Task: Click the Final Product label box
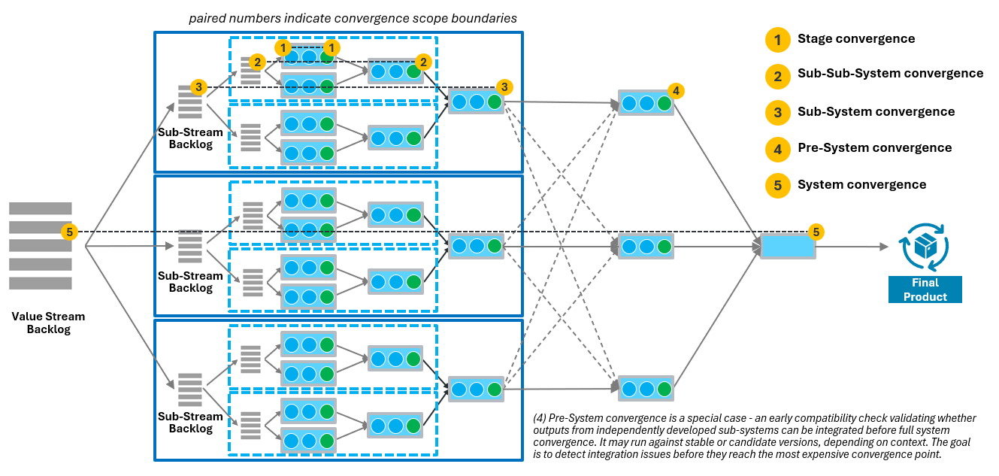925,290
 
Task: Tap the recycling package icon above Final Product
925,247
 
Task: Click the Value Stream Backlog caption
48,323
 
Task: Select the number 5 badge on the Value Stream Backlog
70,232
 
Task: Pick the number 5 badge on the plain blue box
816,232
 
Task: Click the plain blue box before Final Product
788,247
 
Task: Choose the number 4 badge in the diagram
676,91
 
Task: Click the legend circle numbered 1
777,39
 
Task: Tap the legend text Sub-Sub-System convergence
890,74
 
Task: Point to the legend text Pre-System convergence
874,148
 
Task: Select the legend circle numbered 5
777,185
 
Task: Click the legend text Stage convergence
856,39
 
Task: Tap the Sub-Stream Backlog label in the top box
190,138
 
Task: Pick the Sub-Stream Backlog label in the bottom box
190,423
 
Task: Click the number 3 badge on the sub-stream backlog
198,87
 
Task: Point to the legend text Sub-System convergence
876,111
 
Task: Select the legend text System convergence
861,185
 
